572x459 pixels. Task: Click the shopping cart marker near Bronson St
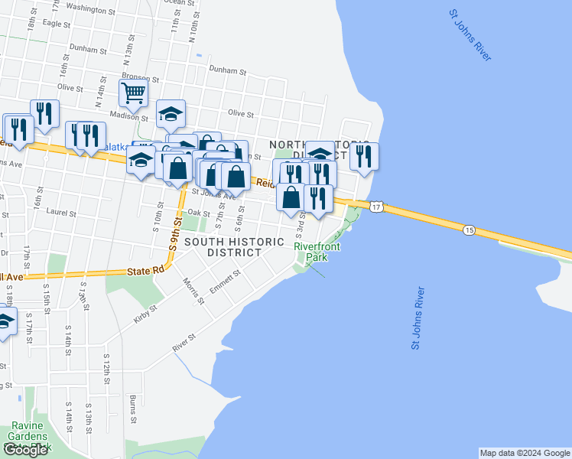click(x=133, y=93)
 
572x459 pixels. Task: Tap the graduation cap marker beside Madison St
click(x=171, y=114)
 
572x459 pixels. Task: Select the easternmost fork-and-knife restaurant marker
click(x=364, y=156)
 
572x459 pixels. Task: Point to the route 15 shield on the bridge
click(x=469, y=229)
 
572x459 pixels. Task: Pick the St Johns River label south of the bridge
click(x=418, y=317)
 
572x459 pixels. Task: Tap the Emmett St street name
click(x=229, y=279)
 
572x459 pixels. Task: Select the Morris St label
click(x=193, y=291)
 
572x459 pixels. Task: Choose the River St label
click(x=184, y=343)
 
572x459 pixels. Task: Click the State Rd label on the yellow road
click(x=146, y=270)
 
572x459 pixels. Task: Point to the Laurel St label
click(x=58, y=210)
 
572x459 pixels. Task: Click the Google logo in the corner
click(x=26, y=450)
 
